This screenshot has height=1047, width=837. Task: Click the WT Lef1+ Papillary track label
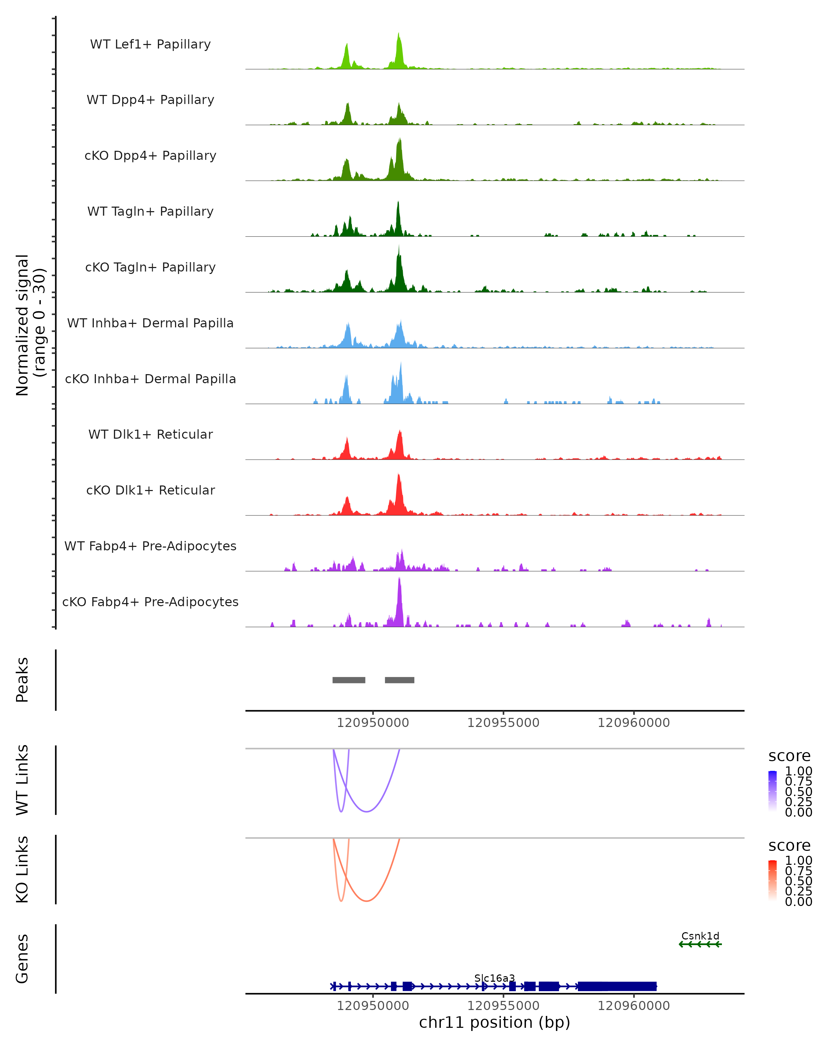pos(150,44)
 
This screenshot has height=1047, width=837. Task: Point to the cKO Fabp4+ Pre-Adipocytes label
pos(150,602)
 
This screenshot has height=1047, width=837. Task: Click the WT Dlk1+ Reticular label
pos(150,434)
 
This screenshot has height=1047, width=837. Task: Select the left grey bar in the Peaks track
pos(348,680)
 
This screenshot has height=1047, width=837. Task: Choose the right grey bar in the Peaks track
pos(399,680)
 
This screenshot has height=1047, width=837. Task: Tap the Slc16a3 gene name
pos(495,978)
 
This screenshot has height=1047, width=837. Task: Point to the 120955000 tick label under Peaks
pos(503,723)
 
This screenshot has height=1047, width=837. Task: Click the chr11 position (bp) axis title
pos(495,1023)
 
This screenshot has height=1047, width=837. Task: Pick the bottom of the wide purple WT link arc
pos(367,811)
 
